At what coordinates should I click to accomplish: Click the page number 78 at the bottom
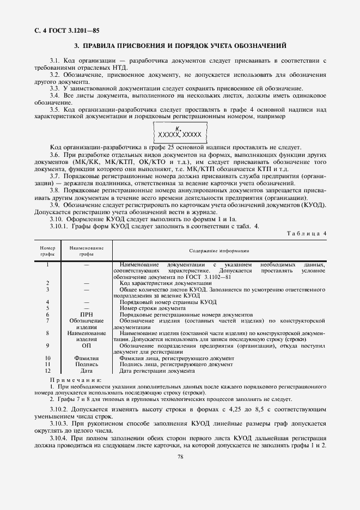click(x=180, y=472)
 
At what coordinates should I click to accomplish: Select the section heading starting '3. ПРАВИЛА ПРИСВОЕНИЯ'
click(x=180, y=46)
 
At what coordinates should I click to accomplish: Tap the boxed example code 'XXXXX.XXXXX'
click(x=179, y=133)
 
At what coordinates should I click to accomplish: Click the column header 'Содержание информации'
click(x=219, y=251)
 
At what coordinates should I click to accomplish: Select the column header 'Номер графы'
click(x=48, y=251)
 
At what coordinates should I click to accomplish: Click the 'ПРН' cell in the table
click(x=87, y=314)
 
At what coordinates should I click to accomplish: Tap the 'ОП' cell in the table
click(x=87, y=345)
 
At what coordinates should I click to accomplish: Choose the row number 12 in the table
click(x=48, y=371)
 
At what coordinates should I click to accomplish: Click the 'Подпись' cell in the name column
click(x=87, y=364)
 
